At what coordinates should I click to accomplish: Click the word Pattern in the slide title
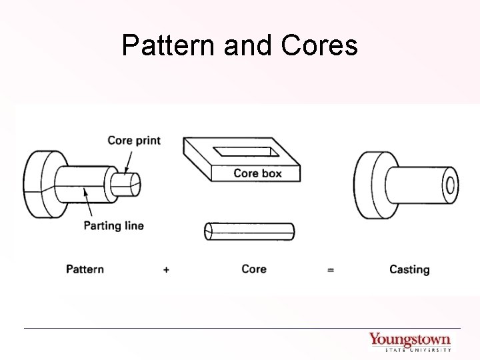pos(162,46)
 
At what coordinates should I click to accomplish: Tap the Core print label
pos(134,141)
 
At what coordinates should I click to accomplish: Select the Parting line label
pos(113,225)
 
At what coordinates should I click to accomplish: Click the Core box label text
pos(257,173)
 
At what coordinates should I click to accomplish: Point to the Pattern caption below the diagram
pos(85,269)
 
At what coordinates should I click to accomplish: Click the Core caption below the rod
pos(253,269)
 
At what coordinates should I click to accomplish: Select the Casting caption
pos(409,269)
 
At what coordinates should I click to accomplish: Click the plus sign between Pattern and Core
pos(165,270)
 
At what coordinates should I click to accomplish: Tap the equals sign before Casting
pos(330,270)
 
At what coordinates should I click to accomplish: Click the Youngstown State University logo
pos(410,341)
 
